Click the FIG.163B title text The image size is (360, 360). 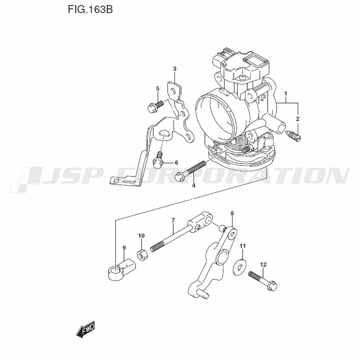click(90, 10)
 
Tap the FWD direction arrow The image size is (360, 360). click(85, 329)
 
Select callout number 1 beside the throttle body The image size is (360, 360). click(285, 94)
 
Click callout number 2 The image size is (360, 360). click(298, 119)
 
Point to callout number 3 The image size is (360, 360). click(175, 69)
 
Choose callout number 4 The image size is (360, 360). click(194, 185)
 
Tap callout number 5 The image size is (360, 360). click(158, 89)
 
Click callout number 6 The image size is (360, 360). click(176, 163)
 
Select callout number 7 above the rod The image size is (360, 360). click(173, 220)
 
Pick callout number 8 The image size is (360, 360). click(232, 213)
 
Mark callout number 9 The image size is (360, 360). click(124, 248)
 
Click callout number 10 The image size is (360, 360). click(141, 235)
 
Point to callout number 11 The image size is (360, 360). click(242, 246)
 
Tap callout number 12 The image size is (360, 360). click(263, 265)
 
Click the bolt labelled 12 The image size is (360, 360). click(263, 281)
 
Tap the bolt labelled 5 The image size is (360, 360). click(155, 107)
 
